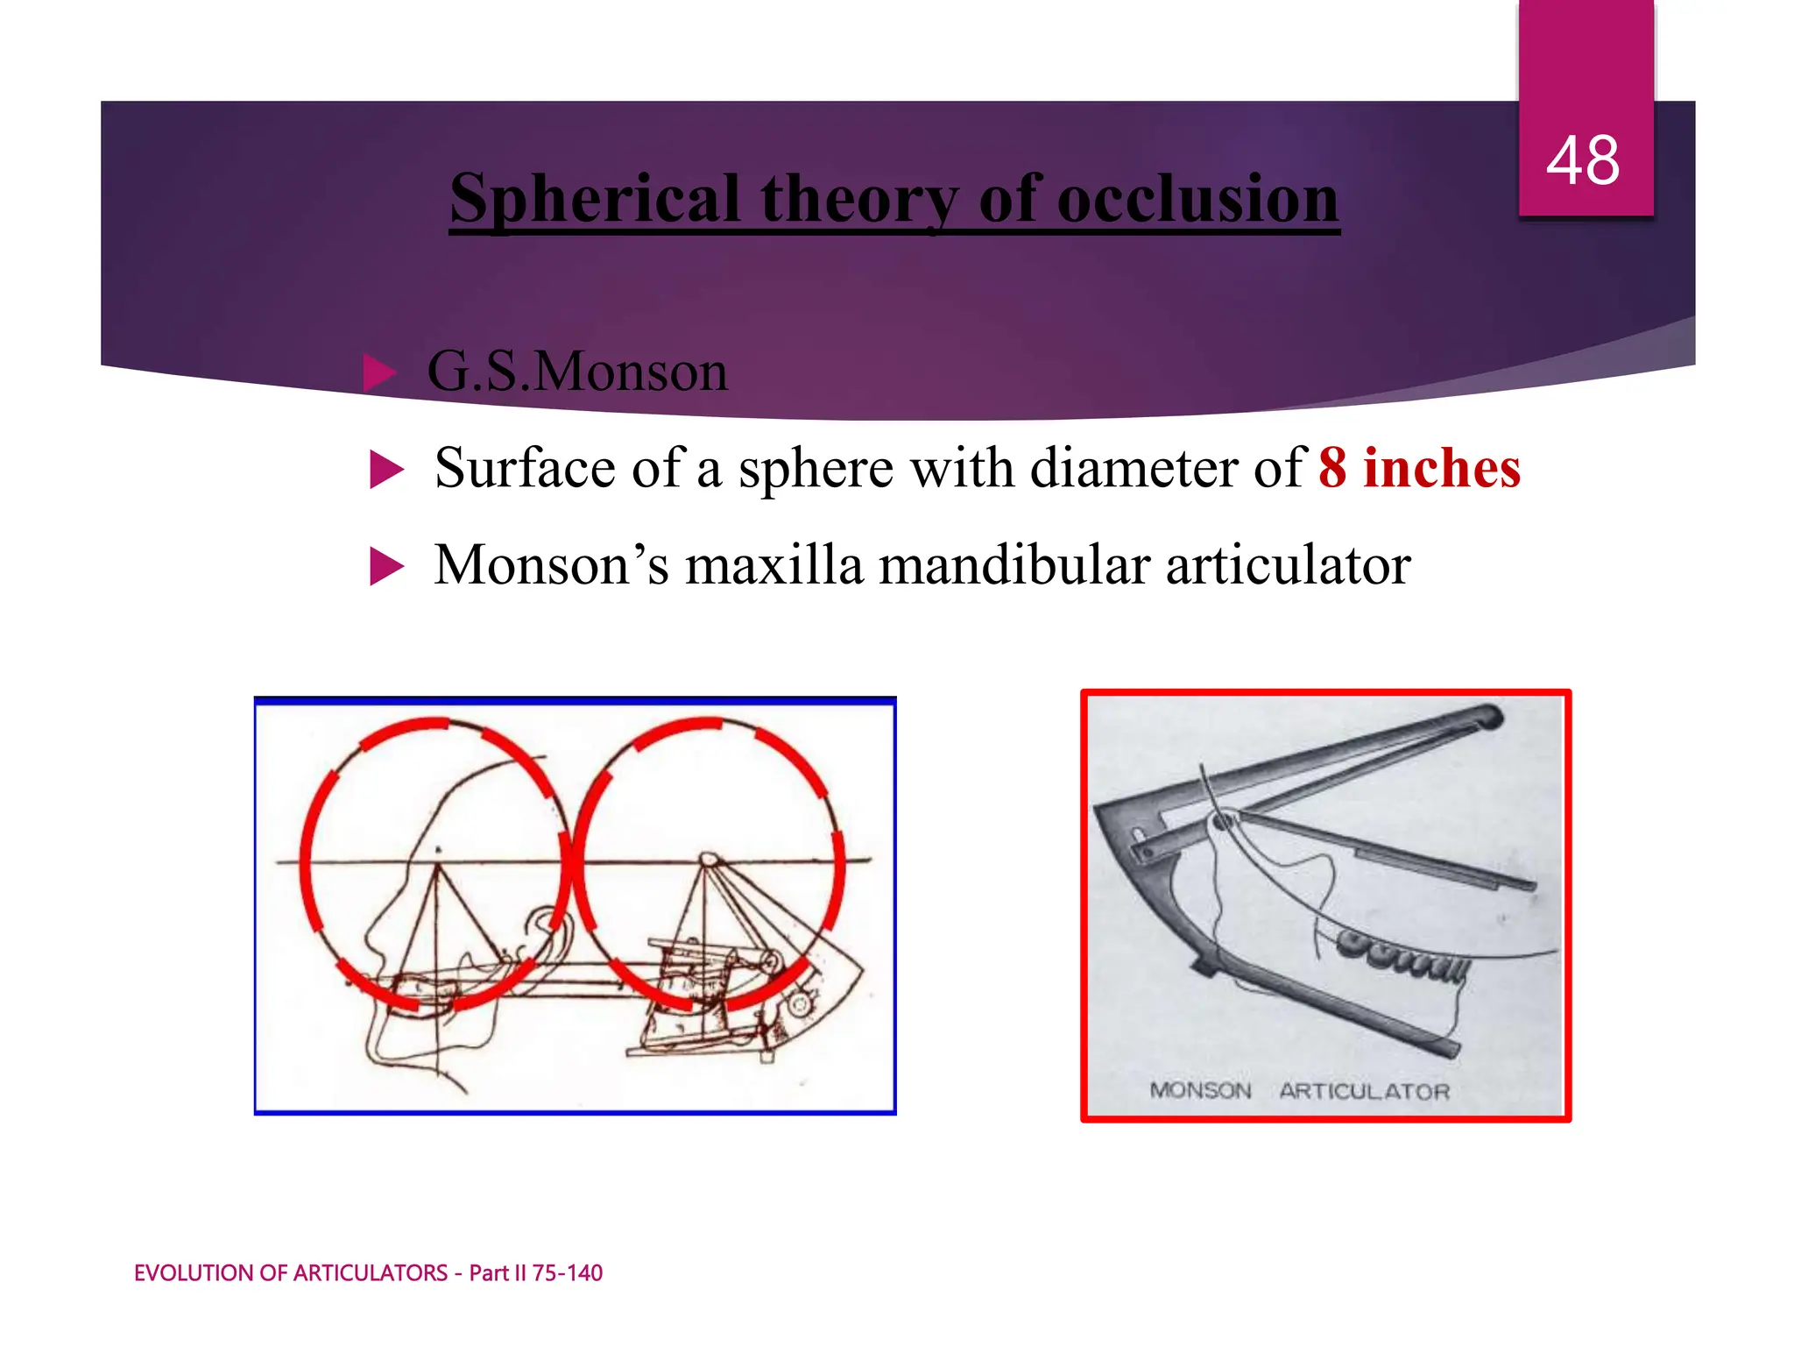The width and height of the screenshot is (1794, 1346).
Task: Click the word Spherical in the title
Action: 596,200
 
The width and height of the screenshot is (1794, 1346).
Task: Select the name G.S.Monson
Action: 577,372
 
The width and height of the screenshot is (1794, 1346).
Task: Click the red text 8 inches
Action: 1419,468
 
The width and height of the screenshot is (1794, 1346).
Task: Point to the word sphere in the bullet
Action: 816,470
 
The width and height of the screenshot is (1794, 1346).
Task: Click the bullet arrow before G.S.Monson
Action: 379,373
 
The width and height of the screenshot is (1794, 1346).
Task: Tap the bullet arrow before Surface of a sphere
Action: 386,470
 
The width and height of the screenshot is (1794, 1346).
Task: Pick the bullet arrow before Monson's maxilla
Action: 386,566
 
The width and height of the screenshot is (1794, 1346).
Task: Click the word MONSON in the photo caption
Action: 1200,1091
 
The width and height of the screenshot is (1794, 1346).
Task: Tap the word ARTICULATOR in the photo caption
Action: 1364,1092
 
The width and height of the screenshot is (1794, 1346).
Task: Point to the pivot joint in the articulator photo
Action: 1223,821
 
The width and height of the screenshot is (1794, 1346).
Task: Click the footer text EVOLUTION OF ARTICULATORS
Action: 291,1273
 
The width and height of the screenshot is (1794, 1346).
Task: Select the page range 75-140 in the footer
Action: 567,1273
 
